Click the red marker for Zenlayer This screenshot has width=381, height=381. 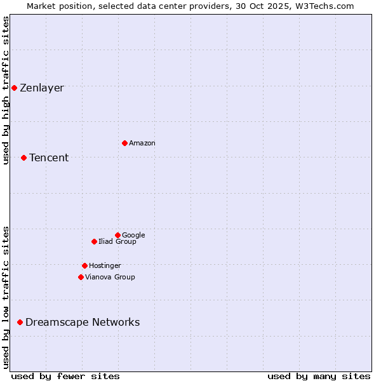(14, 88)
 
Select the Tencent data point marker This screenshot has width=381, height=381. (23, 157)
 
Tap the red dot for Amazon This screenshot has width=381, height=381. (124, 143)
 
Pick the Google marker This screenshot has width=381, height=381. (117, 235)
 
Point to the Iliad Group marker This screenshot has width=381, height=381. (94, 241)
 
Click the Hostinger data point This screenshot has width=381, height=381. (84, 265)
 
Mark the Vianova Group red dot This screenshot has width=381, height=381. (81, 277)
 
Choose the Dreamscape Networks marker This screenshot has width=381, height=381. (20, 323)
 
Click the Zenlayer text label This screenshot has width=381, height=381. (42, 88)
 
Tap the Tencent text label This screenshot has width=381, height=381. (49, 157)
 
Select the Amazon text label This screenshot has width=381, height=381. (142, 143)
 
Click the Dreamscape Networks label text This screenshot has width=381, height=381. (83, 322)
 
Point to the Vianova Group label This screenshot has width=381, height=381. (110, 277)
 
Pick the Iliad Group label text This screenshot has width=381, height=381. (117, 241)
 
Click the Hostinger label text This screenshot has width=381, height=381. (105, 265)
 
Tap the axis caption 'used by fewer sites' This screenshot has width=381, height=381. (65, 376)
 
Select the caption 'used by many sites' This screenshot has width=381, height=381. (319, 376)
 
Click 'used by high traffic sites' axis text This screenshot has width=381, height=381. (6, 90)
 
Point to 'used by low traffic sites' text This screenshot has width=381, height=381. (6, 297)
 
